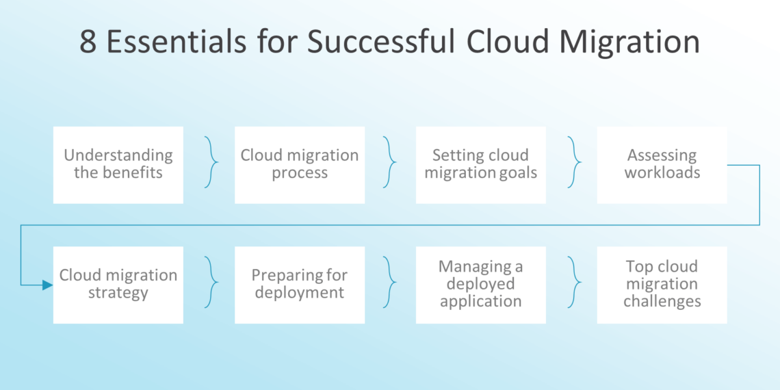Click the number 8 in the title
point(89,42)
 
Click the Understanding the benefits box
point(118,165)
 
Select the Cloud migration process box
point(300,165)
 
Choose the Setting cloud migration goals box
point(481,165)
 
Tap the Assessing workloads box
point(662,165)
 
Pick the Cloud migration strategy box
point(118,285)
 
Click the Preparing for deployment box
point(300,285)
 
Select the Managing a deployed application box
point(481,285)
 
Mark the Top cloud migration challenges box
point(662,285)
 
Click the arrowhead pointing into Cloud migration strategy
point(47,285)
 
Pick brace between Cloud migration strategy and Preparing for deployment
point(212,283)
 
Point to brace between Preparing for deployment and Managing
point(391,283)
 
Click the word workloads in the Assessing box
point(662,173)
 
